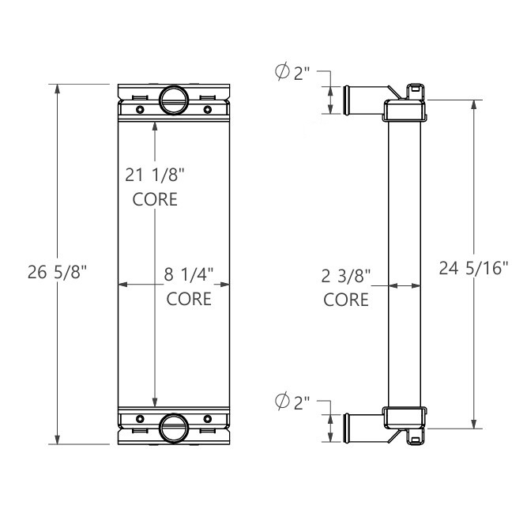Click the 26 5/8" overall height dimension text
pos(57,274)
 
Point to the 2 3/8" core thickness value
pos(346,276)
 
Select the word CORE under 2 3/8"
pos(346,300)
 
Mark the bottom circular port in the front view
pos(173,428)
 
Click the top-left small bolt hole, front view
pos(140,109)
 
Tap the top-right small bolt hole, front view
pos(207,109)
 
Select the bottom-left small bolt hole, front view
pos(140,418)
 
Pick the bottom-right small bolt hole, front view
pos(207,418)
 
